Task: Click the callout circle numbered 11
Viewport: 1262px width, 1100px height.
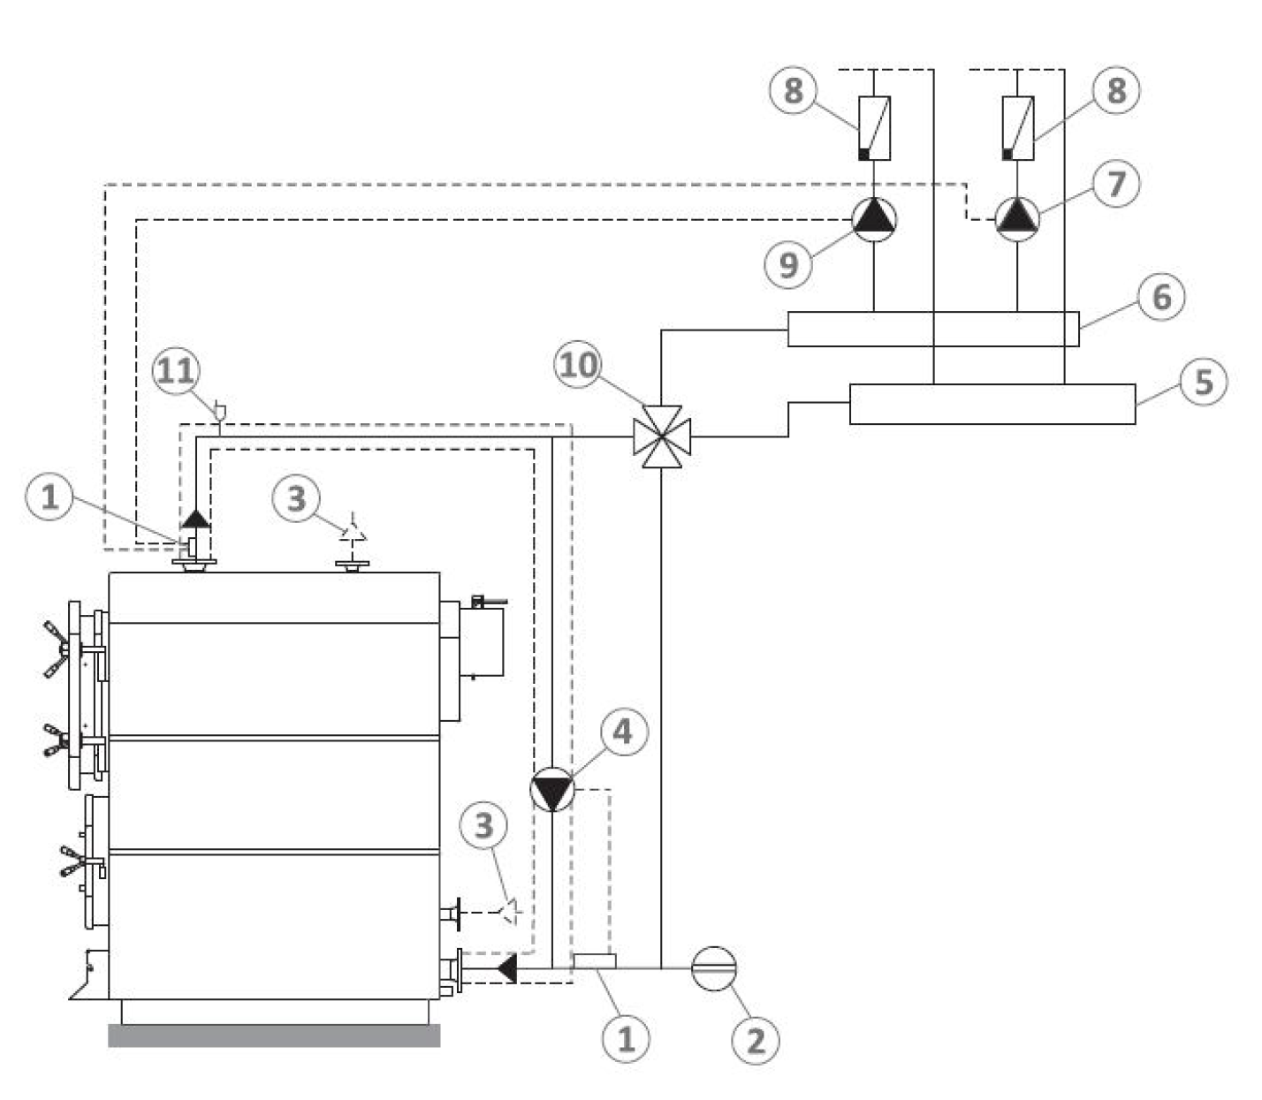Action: tap(177, 371)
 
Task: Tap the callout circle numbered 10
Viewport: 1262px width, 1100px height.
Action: tap(578, 366)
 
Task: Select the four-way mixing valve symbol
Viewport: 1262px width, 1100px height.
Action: tap(662, 436)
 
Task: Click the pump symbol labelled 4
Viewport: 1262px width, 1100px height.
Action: tap(552, 789)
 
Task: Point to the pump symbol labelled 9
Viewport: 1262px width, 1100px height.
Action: tap(874, 219)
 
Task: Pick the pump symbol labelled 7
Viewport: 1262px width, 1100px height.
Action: tap(1017, 219)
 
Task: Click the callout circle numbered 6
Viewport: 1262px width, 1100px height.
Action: tap(1161, 297)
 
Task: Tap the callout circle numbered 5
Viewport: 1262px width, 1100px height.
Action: tap(1204, 382)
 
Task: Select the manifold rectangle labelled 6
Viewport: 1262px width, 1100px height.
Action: tap(933, 330)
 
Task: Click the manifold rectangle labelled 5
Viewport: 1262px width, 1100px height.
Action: tap(992, 404)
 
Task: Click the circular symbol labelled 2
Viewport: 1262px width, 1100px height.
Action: tap(714, 968)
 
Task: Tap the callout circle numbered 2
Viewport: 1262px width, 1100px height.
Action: tap(756, 1041)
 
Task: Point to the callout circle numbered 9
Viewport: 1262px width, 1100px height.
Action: tap(788, 265)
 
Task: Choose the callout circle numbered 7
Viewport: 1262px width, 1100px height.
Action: tap(1116, 184)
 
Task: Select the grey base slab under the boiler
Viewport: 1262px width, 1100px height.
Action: tap(275, 1036)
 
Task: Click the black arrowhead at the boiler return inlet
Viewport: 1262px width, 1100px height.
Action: tap(507, 968)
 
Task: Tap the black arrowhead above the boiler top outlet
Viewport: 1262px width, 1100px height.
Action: tap(195, 520)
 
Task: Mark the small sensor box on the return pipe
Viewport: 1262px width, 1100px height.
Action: tap(595, 960)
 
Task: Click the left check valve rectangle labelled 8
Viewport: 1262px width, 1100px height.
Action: tap(874, 128)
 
